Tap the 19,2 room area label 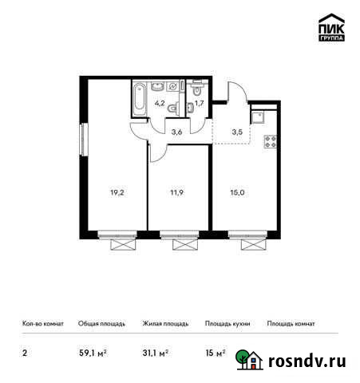[116, 192]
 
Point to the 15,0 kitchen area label [239, 192]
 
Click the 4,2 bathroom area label [160, 102]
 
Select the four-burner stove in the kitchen [270, 143]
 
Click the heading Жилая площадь [165, 324]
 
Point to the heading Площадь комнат [291, 324]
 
